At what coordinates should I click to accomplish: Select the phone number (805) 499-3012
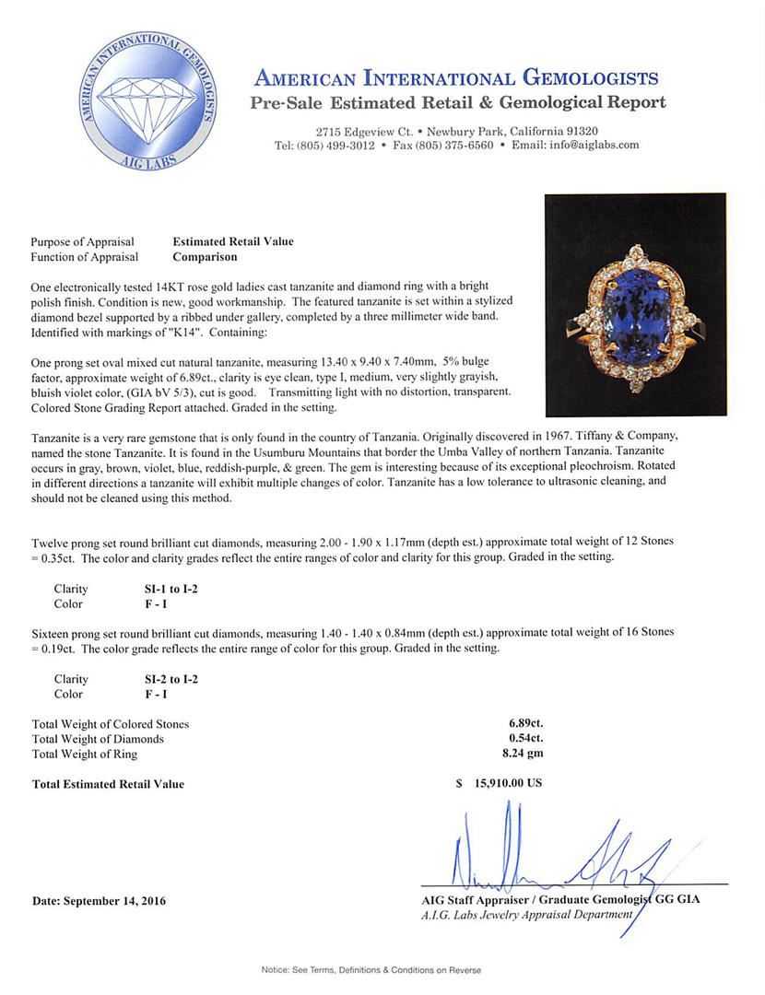tap(336, 146)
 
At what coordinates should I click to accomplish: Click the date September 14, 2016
tap(99, 901)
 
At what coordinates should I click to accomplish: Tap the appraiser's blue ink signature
tap(544, 852)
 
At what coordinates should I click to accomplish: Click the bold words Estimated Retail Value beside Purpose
tap(233, 242)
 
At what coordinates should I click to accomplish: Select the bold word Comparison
tap(205, 257)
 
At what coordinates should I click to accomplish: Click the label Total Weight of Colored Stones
tap(111, 724)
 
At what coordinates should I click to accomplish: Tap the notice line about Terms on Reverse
tap(371, 970)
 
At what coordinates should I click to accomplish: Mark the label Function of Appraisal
tap(85, 257)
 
